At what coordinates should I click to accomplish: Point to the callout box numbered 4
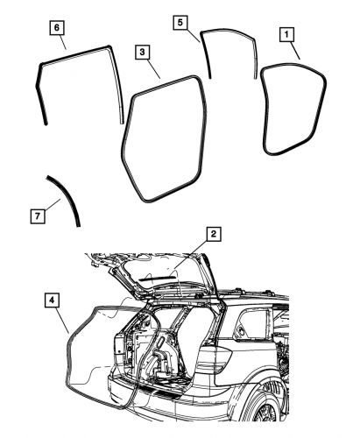[53, 300]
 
